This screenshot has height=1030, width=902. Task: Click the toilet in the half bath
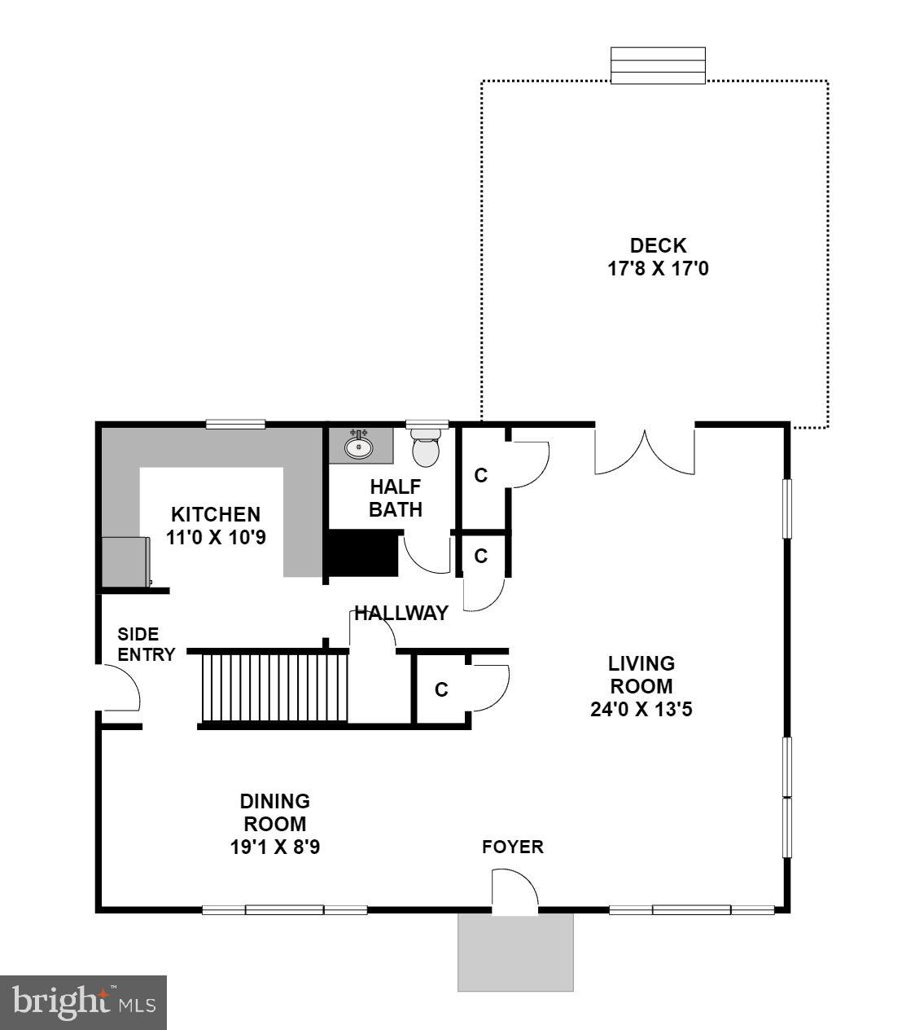point(426,450)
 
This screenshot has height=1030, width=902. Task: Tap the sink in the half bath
point(358,446)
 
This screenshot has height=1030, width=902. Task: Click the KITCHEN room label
point(216,515)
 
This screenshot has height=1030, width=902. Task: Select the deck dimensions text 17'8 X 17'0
point(658,267)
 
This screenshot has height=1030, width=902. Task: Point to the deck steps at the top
point(658,65)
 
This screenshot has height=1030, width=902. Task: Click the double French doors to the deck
point(645,450)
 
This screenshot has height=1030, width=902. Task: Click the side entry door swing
point(120,689)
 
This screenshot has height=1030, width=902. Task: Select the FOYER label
point(513,847)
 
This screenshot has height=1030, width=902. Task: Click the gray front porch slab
point(515,952)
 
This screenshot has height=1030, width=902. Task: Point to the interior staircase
point(274,686)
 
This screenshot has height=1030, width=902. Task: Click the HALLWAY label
point(401,613)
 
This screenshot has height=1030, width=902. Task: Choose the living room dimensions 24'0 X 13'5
point(641,709)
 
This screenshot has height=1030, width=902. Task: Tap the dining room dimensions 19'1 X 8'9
point(274,847)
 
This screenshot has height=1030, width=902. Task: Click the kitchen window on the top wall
point(235,424)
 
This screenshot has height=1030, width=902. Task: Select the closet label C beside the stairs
point(441,690)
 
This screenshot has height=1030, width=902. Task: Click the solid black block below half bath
point(361,555)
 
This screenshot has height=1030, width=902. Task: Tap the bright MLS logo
point(83,1001)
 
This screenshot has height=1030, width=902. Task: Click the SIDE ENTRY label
point(147,644)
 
